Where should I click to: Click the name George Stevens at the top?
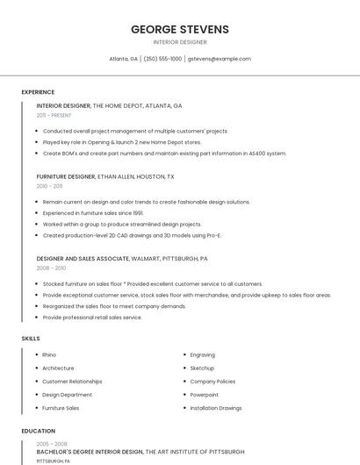pyautogui.click(x=180, y=29)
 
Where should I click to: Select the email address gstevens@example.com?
pyautogui.click(x=220, y=59)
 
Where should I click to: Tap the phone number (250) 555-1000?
pyautogui.click(x=162, y=59)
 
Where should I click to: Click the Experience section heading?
pyautogui.click(x=38, y=92)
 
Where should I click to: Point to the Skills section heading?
pyautogui.click(x=30, y=338)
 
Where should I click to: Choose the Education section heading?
pyautogui.click(x=39, y=431)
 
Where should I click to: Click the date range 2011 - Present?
pyautogui.click(x=54, y=115)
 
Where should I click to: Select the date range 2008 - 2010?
pyautogui.click(x=51, y=268)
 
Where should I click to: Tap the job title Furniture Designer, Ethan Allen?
pyautogui.click(x=105, y=176)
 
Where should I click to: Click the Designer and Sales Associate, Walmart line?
pyautogui.click(x=122, y=259)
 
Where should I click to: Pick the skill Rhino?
pyautogui.click(x=49, y=354)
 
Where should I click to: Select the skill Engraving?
pyautogui.click(x=202, y=354)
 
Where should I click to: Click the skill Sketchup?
pyautogui.click(x=202, y=368)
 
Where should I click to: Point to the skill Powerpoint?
pyautogui.click(x=204, y=395)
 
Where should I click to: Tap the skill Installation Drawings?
pyautogui.click(x=216, y=408)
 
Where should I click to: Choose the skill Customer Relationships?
pyautogui.click(x=72, y=382)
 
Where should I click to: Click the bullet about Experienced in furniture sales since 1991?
pyautogui.click(x=93, y=212)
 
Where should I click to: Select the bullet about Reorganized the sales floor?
pyautogui.click(x=114, y=306)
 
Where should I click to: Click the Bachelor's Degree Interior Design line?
pyautogui.click(x=140, y=452)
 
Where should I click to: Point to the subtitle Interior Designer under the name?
pyautogui.click(x=180, y=42)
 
